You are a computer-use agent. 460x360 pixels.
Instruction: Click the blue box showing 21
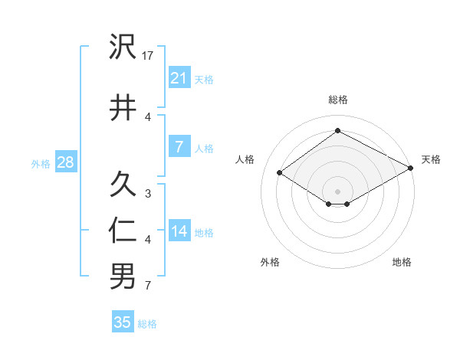[179, 77]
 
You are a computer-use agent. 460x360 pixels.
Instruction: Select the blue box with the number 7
[179, 147]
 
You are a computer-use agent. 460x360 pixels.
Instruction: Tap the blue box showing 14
[179, 231]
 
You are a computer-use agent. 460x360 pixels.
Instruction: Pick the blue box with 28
[64, 162]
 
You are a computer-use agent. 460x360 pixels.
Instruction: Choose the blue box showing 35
[123, 322]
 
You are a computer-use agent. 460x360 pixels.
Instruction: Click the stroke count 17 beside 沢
[149, 55]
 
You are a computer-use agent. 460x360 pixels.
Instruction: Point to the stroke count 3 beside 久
[148, 194]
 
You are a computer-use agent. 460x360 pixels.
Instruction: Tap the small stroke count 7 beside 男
[148, 286]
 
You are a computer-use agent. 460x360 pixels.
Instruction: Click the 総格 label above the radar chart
[337, 100]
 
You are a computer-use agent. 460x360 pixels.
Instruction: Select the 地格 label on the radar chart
[402, 262]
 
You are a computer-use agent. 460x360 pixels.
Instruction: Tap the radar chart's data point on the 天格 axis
[412, 169]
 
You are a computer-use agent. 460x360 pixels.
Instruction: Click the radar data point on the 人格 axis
[280, 173]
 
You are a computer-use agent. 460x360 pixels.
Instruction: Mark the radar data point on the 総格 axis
[337, 131]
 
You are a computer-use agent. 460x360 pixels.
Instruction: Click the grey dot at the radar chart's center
[337, 190]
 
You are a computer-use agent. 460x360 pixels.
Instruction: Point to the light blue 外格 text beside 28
[41, 163]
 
